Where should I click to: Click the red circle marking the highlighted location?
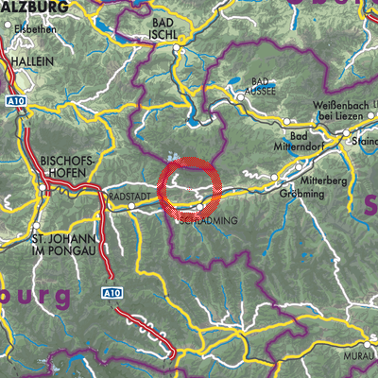pyautogui.click(x=191, y=190)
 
